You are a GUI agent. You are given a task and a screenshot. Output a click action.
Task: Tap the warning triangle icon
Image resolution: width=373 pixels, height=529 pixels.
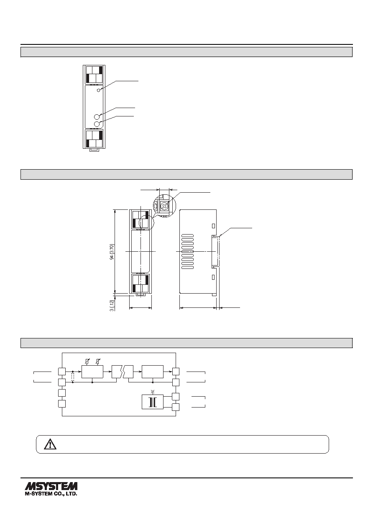click(x=50, y=444)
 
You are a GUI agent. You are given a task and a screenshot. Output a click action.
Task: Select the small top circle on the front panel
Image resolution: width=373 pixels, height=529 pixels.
click(x=99, y=90)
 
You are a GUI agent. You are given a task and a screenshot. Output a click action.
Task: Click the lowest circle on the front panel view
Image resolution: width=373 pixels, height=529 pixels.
click(x=97, y=124)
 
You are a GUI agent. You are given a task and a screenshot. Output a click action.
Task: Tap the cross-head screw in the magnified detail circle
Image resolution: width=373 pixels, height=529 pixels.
click(x=164, y=206)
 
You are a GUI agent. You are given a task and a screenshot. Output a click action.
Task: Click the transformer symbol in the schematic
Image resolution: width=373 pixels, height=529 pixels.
click(x=152, y=402)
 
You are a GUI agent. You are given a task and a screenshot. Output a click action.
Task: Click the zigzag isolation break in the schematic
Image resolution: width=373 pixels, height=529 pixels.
click(x=123, y=372)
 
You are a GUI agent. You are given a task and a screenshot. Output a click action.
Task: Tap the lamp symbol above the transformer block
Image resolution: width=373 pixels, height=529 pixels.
click(x=153, y=392)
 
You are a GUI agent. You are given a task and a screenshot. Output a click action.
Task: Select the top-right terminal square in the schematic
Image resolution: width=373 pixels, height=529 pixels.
click(x=176, y=372)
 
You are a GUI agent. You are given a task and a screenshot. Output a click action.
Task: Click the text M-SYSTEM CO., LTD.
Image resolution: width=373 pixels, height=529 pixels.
click(x=51, y=494)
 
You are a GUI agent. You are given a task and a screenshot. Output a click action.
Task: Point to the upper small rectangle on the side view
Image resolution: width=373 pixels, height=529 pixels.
click(x=213, y=226)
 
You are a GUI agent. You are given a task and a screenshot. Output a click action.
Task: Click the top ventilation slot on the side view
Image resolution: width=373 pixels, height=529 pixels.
click(x=188, y=235)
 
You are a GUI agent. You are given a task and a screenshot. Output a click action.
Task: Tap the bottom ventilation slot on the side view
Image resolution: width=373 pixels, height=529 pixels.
click(x=188, y=268)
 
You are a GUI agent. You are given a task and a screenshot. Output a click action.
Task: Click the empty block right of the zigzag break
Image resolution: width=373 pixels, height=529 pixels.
click(x=153, y=372)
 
